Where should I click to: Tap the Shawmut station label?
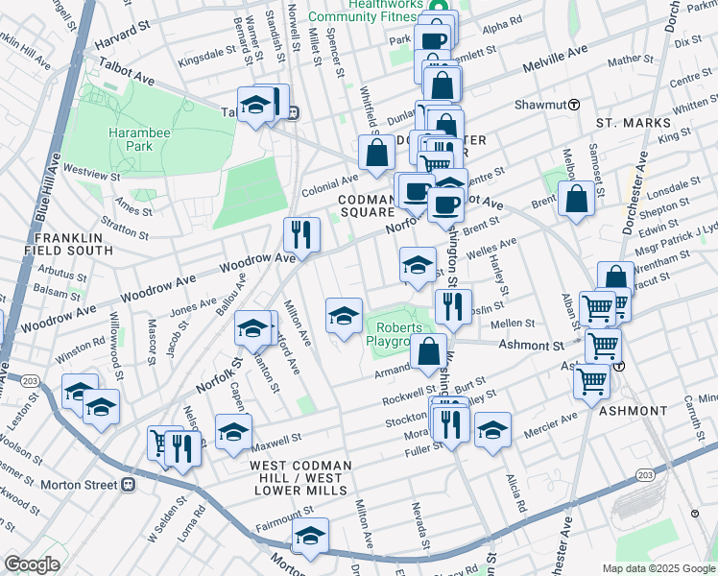coord(540,104)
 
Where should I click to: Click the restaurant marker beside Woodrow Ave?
coord(301,235)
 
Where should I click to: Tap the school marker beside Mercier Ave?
coord(491,429)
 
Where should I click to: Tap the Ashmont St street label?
coord(529,345)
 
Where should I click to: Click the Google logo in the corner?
coord(32,564)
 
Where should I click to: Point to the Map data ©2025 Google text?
coord(658,568)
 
